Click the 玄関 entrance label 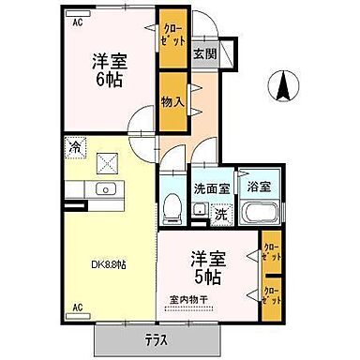pyautogui.click(x=204, y=53)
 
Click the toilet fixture pyautogui.click(x=171, y=205)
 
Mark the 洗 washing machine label pyautogui.click(x=220, y=213)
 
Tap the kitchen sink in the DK pyautogui.click(x=106, y=190)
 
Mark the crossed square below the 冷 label pyautogui.click(x=108, y=164)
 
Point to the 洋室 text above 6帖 pyautogui.click(x=108, y=61)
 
